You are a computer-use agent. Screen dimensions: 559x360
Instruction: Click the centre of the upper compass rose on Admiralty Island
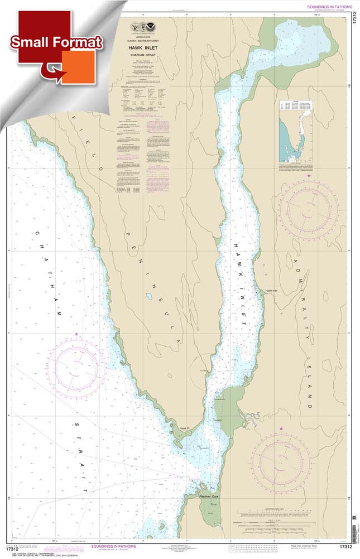[309, 209]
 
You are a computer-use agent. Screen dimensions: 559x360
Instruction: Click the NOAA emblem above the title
[145, 28]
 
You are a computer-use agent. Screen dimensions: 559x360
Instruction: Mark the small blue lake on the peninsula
[149, 297]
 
